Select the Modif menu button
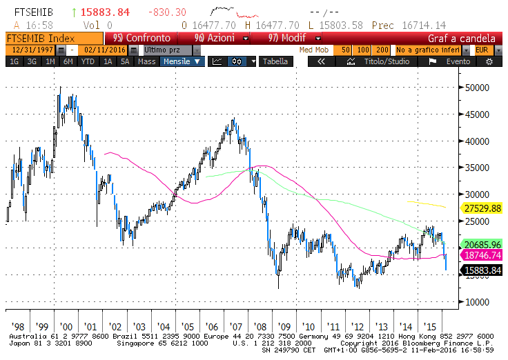click(289, 39)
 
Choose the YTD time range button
click(88, 61)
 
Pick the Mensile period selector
click(183, 61)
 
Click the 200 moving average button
click(382, 50)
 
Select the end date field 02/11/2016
click(103, 50)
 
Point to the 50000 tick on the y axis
click(478, 88)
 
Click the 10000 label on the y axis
click(478, 302)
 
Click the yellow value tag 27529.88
click(482, 208)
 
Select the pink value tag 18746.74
click(482, 254)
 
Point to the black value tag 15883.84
click(482, 270)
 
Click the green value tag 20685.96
click(482, 244)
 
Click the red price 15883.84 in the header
click(105, 13)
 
